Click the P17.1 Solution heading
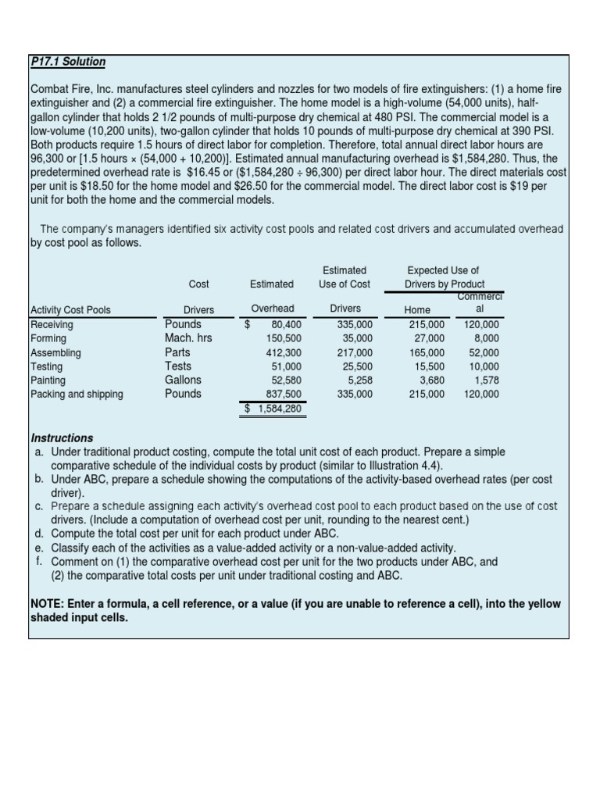(68, 62)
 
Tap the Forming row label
(48, 338)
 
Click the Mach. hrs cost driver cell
(188, 338)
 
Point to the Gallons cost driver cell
(183, 380)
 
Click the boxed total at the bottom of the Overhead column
(273, 409)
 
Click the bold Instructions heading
(62, 438)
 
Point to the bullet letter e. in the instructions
(39, 548)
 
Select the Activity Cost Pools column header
(70, 310)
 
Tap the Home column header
(417, 310)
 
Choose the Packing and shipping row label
(77, 395)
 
